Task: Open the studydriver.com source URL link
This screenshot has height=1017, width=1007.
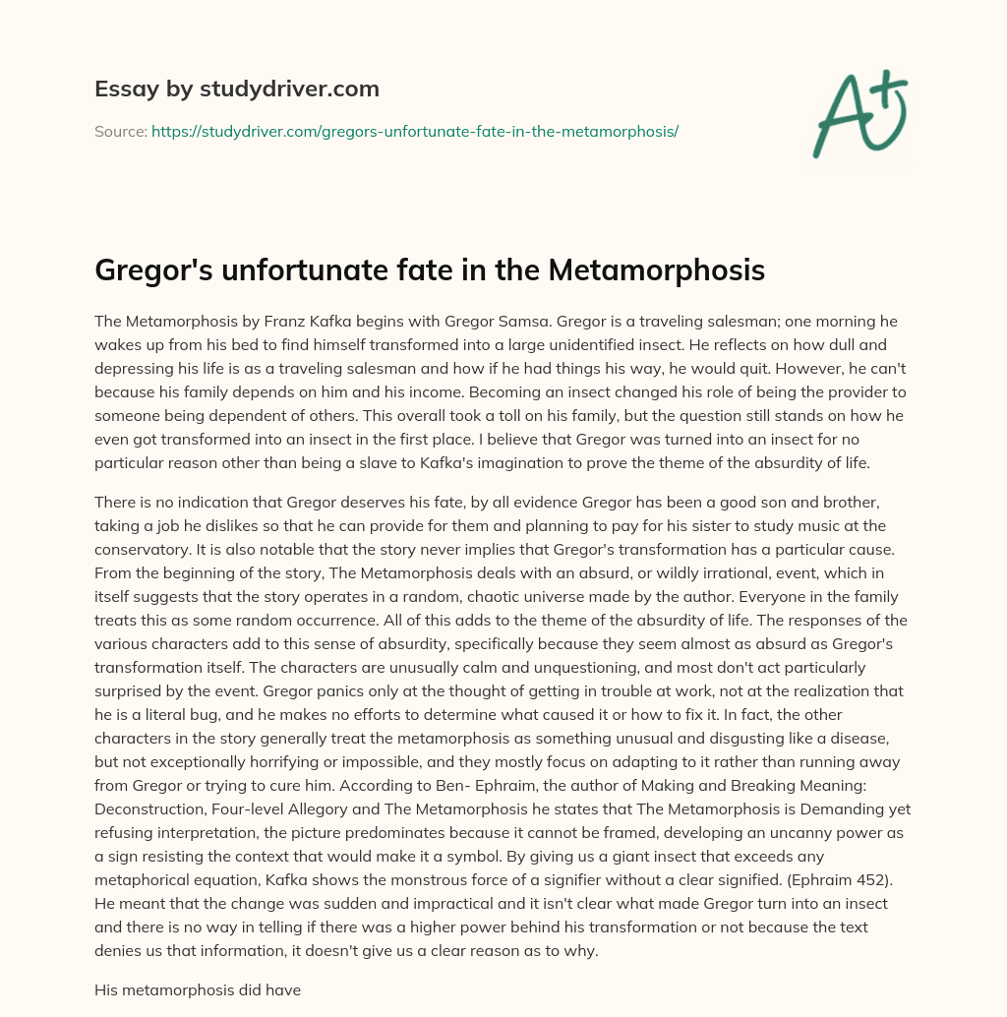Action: click(414, 131)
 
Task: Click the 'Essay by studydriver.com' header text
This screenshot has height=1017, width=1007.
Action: click(236, 90)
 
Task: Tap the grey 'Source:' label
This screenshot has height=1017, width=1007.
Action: click(120, 131)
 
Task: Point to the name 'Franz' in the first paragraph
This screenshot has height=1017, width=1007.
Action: click(305, 322)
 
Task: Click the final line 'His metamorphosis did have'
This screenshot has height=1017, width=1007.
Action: click(197, 991)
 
